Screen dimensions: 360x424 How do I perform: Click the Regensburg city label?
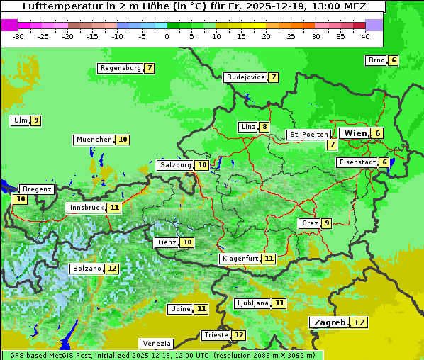point(121,68)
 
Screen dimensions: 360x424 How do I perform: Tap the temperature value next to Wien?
point(378,133)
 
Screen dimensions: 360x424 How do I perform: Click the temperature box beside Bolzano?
point(112,269)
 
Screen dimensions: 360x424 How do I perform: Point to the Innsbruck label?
point(86,208)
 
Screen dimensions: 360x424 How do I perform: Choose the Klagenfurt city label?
point(240,259)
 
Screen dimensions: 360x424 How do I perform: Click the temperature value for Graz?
point(326,223)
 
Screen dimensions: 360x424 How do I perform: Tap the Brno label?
point(376,60)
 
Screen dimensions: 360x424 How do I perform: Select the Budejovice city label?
point(245,77)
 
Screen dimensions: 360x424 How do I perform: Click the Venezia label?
point(155,343)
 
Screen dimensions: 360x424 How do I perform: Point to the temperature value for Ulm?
point(35,120)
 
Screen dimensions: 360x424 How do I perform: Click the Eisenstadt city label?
point(357,162)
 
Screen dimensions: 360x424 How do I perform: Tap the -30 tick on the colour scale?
point(18,36)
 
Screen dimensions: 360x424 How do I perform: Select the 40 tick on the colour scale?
point(365,36)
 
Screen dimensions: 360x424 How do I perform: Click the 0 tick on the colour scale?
point(167,36)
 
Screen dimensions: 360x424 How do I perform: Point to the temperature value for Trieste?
point(239,335)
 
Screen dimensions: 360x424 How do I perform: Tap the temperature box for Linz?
point(264,127)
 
